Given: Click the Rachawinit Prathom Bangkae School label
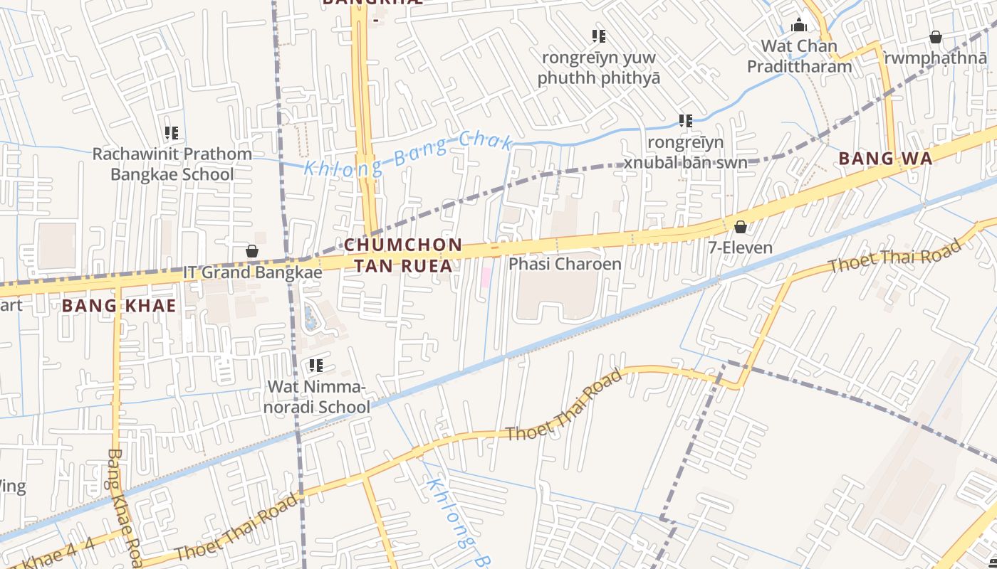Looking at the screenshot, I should pos(172,164).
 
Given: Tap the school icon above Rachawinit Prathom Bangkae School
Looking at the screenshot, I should pos(172,133).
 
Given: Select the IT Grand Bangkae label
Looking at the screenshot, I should pos(253,272).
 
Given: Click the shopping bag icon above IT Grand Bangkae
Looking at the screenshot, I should pos(252,251).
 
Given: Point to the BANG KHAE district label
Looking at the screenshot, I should pos(119,307).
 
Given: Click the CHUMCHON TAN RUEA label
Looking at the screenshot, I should pos(403,255).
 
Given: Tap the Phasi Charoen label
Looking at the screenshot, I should pos(565,264).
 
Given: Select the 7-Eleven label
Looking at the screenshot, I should pos(741,248).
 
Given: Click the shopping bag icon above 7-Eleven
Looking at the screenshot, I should pos(741,227).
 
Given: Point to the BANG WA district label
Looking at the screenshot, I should pos(885,159).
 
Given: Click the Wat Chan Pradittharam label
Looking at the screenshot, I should pos(799,56).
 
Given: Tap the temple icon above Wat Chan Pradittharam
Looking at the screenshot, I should pos(799,26).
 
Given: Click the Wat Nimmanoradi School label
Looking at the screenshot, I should pos(318,397).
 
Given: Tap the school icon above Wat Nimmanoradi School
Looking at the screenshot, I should pos(316,366).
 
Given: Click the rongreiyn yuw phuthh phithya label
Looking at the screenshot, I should pos(599,68).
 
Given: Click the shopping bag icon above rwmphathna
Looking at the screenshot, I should pos(936,37).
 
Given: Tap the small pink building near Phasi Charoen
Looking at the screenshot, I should pos(486,277).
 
